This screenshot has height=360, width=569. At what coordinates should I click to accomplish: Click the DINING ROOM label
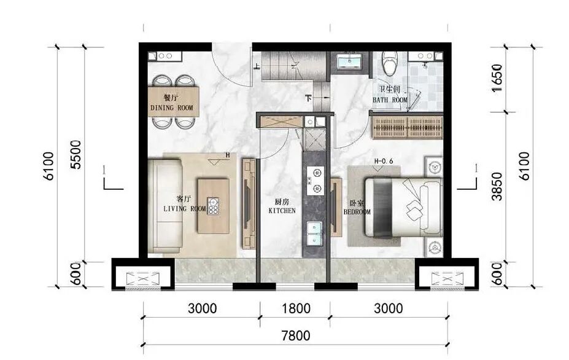point(172,108)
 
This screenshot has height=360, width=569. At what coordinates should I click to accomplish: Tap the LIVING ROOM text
point(185,208)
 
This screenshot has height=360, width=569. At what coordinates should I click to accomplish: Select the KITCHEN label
point(282,210)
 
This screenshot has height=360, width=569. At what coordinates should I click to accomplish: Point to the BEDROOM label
point(357,211)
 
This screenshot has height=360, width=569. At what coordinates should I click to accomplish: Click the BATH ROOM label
point(390,100)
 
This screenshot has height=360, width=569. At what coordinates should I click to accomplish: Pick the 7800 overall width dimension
point(296,335)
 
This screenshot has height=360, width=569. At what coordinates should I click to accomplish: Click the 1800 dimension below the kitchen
point(296,309)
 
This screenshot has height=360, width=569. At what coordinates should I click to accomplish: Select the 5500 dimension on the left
point(77,154)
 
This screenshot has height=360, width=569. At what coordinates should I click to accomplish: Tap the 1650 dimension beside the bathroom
point(498,78)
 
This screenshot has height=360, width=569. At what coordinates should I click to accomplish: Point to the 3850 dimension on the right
point(498,186)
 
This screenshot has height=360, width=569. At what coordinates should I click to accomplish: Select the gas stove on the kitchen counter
point(315,181)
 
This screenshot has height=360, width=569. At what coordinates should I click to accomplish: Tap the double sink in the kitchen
point(315,233)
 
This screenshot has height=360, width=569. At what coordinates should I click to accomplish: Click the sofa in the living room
point(165,206)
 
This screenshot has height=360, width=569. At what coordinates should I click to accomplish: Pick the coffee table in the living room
point(214,206)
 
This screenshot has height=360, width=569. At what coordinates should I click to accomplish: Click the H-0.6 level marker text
point(384,161)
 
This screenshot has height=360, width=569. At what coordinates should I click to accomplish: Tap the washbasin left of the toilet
point(349,61)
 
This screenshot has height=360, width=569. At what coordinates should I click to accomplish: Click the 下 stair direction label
point(309,98)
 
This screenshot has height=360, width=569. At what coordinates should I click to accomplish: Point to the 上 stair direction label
point(257,66)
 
